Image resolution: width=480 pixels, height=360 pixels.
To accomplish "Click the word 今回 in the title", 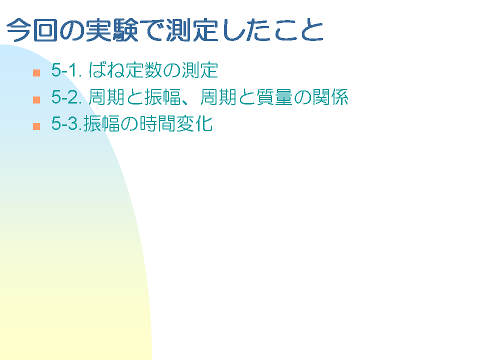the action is pos(32,30).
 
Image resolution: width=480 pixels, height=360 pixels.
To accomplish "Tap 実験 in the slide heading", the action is pos(112,30).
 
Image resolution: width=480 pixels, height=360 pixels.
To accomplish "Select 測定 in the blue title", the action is pos(192,30).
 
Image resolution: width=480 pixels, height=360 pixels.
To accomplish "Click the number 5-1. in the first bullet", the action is pos(66,70).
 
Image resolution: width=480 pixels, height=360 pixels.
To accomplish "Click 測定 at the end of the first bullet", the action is pos(200,70).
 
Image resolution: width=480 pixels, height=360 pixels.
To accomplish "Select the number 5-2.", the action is pos(66,97).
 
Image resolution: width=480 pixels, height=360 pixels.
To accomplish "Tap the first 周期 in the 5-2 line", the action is pos(106,97).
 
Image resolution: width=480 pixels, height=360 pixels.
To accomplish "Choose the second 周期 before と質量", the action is pos(218,97).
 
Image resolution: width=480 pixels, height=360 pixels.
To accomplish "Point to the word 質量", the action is pos(274,97).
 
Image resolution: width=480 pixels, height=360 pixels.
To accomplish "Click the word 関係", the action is pos(330,97).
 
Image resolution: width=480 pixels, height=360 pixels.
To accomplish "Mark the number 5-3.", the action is pos(66,123).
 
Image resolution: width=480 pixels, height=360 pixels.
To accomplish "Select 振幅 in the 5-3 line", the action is pos(101,123).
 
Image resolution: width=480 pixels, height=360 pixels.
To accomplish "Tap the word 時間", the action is pos(157,123).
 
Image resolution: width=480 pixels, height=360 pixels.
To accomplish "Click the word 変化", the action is pos(194,123).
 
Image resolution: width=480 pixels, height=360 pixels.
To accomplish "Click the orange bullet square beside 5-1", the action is pos(36,73).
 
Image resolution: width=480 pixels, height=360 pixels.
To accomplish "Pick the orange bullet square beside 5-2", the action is pos(36,100).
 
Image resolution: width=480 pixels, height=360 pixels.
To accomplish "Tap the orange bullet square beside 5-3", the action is pos(36,126).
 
